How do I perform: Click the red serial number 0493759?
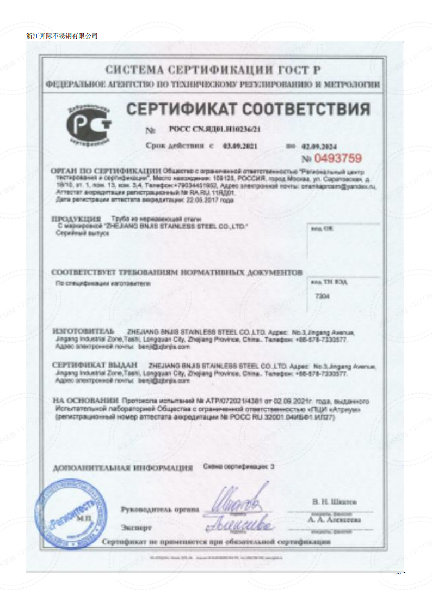(x=332, y=159)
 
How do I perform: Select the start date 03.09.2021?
(x=240, y=146)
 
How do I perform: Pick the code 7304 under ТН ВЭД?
(x=323, y=295)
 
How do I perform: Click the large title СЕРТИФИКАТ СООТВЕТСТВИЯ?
(x=248, y=109)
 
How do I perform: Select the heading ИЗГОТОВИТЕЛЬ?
(x=83, y=331)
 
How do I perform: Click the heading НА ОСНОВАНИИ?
(x=85, y=400)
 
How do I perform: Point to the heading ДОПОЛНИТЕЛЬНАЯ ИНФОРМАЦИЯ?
(x=123, y=468)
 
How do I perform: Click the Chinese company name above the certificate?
(x=61, y=35)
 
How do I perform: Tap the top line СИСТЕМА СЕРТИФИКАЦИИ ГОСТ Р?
(x=213, y=70)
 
